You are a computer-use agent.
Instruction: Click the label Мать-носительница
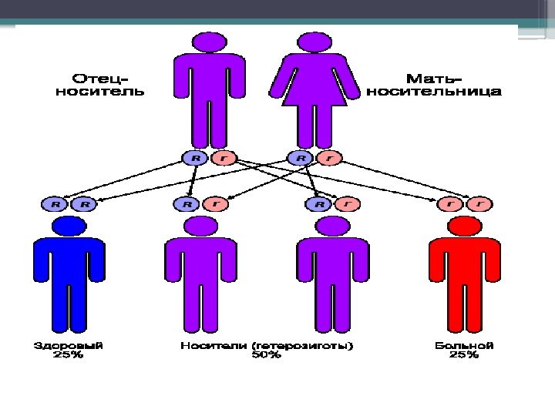click(x=434, y=85)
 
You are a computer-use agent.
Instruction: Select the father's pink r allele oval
click(x=223, y=158)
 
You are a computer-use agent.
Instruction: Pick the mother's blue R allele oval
click(x=300, y=158)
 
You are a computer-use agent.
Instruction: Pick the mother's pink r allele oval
click(x=329, y=158)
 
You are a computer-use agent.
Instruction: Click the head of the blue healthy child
click(x=69, y=226)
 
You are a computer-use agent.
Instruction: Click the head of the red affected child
click(x=465, y=226)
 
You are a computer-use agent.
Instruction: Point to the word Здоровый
click(x=69, y=346)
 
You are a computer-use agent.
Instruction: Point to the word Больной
click(x=464, y=346)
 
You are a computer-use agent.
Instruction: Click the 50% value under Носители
click(x=267, y=356)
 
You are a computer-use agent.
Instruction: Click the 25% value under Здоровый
click(x=69, y=356)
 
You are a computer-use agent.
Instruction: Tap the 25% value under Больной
click(x=464, y=356)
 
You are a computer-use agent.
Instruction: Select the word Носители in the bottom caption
click(x=212, y=346)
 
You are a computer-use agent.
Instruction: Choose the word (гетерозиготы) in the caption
click(x=300, y=346)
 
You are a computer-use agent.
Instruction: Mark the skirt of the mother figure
click(x=319, y=92)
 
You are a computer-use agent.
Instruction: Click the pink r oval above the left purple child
click(x=217, y=204)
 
